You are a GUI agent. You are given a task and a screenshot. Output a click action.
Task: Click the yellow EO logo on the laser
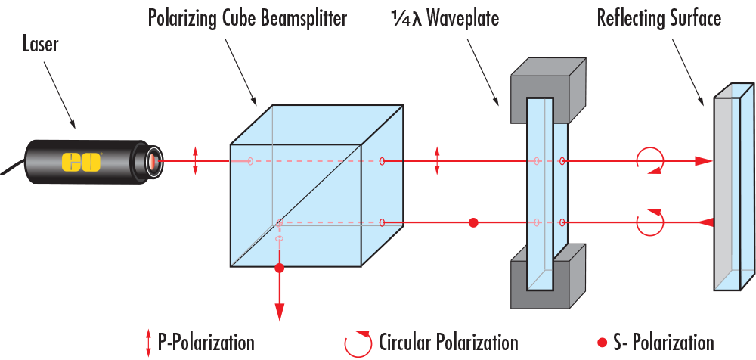[81, 162]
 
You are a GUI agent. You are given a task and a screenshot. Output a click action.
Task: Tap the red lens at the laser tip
[153, 161]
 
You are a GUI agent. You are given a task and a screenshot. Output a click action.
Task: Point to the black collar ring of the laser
[139, 162]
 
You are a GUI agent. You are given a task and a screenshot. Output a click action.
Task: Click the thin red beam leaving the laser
[178, 161]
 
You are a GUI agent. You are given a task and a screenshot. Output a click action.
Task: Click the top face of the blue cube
[316, 126]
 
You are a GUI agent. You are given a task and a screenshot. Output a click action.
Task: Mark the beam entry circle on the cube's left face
[250, 161]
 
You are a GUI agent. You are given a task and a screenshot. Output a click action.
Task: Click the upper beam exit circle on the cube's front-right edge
[382, 161]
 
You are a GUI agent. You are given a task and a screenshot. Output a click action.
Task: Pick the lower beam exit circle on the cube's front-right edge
[382, 222]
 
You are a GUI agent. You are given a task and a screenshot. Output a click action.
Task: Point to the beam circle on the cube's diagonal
[280, 222]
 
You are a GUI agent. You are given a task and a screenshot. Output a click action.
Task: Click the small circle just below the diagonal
[280, 239]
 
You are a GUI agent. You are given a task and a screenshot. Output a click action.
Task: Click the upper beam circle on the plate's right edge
[562, 161]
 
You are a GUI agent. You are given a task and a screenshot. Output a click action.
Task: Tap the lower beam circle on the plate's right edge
[562, 222]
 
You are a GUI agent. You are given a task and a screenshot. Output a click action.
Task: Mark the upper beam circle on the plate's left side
[537, 161]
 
